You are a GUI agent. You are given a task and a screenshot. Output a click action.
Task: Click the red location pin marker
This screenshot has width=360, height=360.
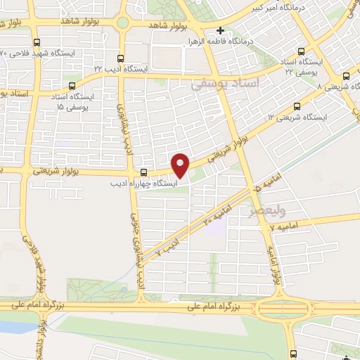(181, 165)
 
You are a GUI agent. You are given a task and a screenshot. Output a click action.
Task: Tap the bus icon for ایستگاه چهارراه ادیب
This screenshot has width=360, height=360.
(144, 172)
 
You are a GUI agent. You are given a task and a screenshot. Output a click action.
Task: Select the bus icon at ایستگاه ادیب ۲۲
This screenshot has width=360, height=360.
(120, 59)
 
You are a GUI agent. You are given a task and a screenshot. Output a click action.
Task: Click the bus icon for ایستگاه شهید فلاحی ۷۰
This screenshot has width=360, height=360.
(37, 42)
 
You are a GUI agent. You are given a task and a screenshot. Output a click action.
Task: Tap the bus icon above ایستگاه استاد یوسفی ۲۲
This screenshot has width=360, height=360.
(302, 51)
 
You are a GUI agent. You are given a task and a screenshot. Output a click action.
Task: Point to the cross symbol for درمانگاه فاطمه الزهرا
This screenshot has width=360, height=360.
(221, 31)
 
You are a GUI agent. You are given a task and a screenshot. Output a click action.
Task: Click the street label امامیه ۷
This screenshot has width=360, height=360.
(288, 225)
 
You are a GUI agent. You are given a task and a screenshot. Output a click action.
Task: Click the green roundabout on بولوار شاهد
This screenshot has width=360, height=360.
(122, 22)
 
